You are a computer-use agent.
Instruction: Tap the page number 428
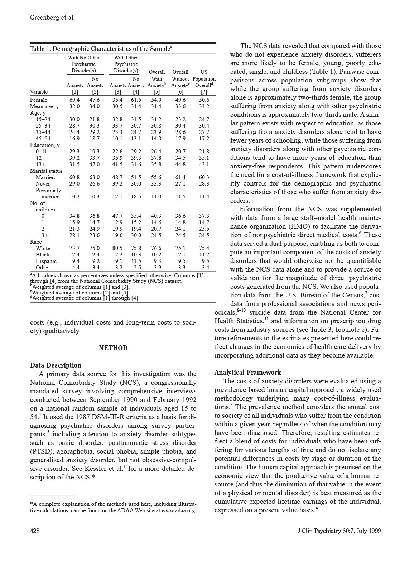point(35,531)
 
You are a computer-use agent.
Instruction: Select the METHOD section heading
point(113,348)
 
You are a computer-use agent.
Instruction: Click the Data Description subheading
point(56,365)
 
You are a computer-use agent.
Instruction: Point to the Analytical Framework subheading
point(248,372)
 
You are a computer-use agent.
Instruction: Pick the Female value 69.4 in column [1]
point(74,100)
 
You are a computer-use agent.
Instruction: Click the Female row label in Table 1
point(39,100)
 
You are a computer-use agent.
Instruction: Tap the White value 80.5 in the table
point(117,248)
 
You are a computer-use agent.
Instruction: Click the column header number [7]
point(204,92)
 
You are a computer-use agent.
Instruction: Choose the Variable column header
point(39,92)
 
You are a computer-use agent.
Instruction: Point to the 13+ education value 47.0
point(95,164)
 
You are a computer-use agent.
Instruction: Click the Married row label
point(45,177)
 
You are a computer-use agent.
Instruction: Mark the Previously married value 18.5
point(136,197)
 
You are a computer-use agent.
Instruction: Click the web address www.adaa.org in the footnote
point(179,510)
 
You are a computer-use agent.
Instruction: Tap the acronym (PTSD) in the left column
point(42,451)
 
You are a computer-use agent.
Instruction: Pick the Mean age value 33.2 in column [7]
point(204,106)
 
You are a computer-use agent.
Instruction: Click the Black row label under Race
point(43,255)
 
